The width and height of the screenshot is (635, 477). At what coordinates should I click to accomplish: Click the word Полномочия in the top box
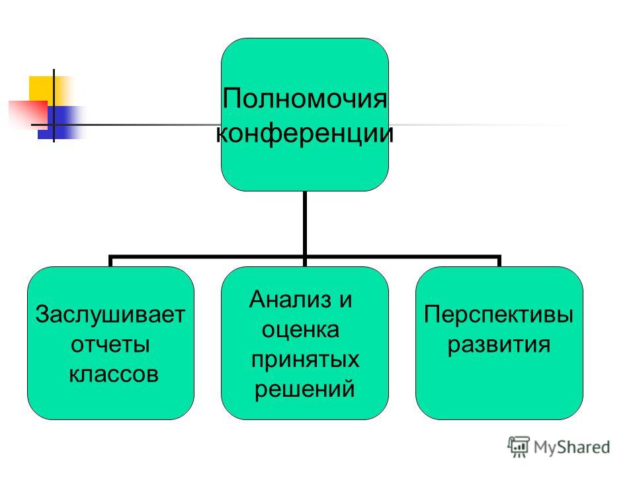(304, 99)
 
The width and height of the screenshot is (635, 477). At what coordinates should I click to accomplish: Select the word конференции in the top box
(304, 133)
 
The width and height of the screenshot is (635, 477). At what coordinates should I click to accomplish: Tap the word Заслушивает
(110, 315)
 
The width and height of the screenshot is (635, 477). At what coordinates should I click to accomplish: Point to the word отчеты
(110, 344)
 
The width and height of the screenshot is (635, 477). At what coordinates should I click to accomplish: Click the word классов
(113, 374)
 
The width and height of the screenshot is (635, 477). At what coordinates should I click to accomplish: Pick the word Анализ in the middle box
(290, 299)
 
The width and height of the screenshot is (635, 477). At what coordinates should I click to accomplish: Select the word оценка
(300, 329)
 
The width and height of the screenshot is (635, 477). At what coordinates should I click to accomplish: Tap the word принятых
(305, 360)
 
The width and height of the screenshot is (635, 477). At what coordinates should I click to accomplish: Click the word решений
(304, 390)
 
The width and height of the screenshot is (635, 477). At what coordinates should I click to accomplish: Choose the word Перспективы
(499, 315)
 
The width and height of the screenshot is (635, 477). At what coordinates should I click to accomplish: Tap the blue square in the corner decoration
(57, 123)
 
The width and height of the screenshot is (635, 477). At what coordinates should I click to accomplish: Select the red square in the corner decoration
(28, 113)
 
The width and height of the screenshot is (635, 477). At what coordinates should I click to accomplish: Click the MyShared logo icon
(519, 447)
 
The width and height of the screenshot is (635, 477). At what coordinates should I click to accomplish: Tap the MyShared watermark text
(571, 447)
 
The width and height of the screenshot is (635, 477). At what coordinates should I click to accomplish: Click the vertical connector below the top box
(304, 223)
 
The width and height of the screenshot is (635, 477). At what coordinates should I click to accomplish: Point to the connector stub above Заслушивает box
(110, 261)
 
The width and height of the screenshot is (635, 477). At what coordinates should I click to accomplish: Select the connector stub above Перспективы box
(499, 261)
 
